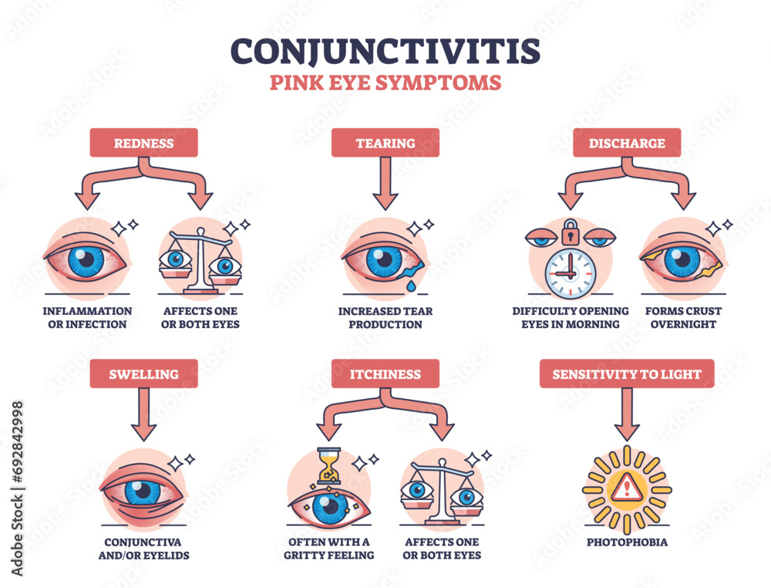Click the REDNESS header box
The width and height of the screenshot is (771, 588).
click(144, 143)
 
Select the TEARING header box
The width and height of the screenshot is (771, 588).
click(385, 143)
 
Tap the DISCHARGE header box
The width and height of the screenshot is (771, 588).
click(626, 143)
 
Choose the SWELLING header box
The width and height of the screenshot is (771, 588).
click(144, 374)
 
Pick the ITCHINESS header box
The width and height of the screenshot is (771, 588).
click(385, 374)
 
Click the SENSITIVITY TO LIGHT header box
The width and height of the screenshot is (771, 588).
click(626, 374)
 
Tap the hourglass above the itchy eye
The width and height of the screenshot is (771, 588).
click(328, 468)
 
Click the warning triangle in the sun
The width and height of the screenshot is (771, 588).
click(627, 488)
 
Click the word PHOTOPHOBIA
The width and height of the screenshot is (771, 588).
click(627, 542)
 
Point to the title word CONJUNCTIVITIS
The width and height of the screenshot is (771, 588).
click(385, 51)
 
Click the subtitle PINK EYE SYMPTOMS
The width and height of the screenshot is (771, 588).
click(385, 83)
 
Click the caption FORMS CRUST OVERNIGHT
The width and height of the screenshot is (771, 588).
click(682, 318)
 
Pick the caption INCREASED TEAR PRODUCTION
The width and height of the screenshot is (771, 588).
click(385, 318)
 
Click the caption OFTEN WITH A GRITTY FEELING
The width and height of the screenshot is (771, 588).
click(328, 549)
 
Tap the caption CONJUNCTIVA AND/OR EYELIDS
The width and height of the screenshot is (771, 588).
click(144, 549)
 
